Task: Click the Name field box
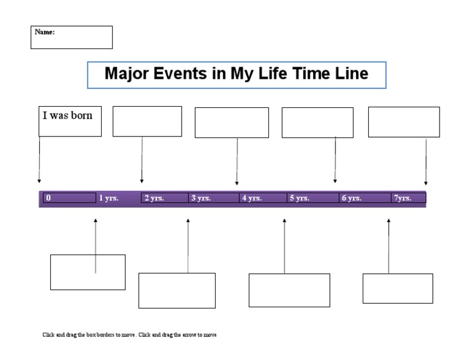[71, 37]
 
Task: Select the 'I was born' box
[70, 121]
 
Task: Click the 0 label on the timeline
[48, 198]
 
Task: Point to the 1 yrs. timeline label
[109, 198]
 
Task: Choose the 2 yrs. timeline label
[154, 198]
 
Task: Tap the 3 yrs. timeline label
[201, 198]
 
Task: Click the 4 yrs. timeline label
[252, 198]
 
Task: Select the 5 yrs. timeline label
[300, 198]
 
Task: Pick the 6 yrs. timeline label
[352, 198]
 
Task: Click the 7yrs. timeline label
[403, 198]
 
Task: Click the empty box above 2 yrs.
[147, 121]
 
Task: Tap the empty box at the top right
[404, 122]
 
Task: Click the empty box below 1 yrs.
[88, 272]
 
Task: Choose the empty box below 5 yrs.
[289, 290]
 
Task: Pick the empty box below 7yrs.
[398, 288]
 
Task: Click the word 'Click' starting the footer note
[48, 335]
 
